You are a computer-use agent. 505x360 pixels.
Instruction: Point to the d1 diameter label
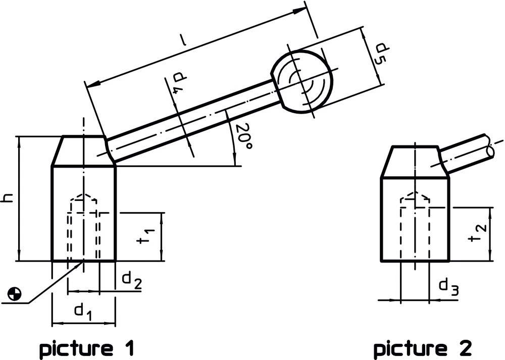pos(83,312)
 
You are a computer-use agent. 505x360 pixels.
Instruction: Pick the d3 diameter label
pos(448,287)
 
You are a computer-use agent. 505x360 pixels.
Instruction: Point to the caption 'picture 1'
pos(86,348)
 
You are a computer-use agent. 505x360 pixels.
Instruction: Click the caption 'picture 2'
pos(422,348)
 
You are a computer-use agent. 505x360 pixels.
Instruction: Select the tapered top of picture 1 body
pos(84,151)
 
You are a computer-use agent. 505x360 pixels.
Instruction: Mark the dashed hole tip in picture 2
pos(415,195)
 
